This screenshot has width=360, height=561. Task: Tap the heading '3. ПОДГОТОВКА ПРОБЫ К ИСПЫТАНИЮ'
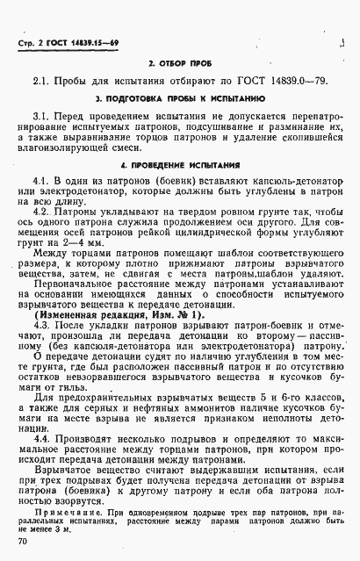click(180, 100)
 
